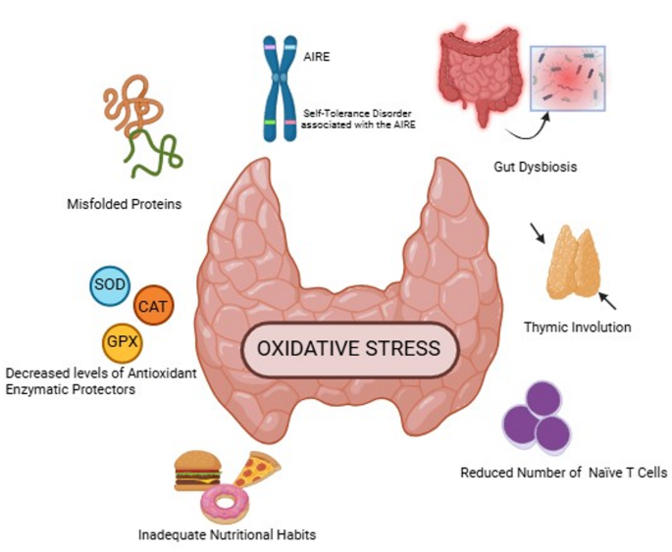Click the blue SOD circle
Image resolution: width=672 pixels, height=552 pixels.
(108, 285)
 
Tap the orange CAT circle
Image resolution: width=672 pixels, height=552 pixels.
(152, 306)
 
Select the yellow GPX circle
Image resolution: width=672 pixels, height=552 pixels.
(122, 342)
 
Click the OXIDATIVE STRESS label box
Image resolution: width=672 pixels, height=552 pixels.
(348, 349)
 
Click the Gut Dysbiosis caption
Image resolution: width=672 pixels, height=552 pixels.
(536, 167)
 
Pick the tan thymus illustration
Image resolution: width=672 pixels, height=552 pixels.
(574, 262)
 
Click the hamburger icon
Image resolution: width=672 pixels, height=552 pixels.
(198, 470)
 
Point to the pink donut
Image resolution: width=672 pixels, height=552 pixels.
(225, 502)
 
